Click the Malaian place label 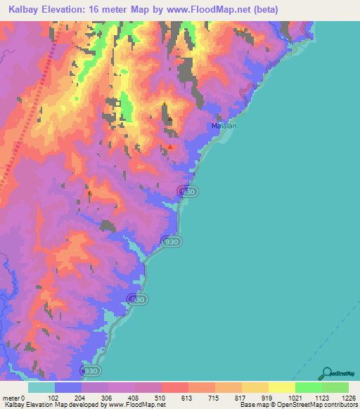tap(224, 126)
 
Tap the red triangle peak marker tap(169, 147)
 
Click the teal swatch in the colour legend tap(41, 387)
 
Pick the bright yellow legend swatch tap(282, 387)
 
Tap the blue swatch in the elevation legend tap(68, 387)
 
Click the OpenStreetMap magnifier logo tap(328, 374)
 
